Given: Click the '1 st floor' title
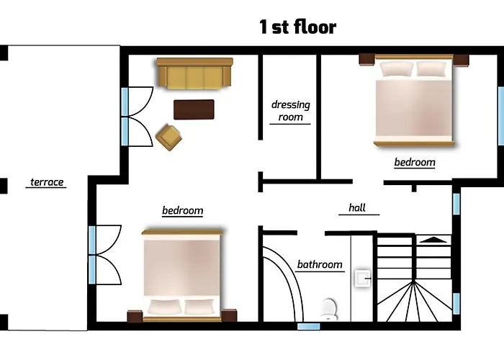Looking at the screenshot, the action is coord(298,27).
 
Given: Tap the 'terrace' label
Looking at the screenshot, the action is coord(47,182).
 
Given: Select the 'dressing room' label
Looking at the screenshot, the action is coord(291,111).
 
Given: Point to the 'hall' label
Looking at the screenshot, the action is coord(357,207).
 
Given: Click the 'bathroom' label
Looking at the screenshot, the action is coord(320,264).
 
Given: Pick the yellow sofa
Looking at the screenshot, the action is coord(195,73).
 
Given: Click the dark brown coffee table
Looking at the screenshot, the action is coord(194,109).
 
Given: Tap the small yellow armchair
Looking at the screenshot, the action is coord(168,138).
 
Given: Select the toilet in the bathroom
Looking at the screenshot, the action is coord(329,309).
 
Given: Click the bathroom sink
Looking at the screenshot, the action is coord(363,278).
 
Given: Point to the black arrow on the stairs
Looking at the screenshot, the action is coord(433,240).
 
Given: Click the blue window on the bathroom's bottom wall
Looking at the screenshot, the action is coord(308,326).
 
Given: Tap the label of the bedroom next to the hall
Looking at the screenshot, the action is coord(415,162).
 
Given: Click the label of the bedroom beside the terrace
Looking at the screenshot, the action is coord(182,210).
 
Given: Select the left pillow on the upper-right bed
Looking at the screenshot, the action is coord(396,69).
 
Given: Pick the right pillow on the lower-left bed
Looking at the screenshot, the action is coord(199,307).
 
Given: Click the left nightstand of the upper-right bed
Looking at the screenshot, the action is coord(366,60).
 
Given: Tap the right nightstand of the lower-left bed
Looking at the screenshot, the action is coord(229,315).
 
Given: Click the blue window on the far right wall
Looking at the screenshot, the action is coord(501,116).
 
